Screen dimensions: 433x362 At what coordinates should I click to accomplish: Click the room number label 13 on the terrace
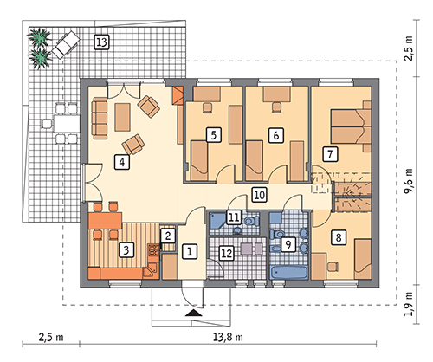[x=101, y=42]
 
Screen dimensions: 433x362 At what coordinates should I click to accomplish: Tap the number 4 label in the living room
[x=122, y=162]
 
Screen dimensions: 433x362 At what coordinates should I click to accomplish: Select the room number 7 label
[x=330, y=154]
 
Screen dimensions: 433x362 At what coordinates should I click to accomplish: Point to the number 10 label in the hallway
[x=259, y=195]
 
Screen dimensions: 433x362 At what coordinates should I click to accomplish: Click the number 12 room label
[x=226, y=253]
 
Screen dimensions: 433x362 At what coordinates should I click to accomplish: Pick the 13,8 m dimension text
[x=228, y=337]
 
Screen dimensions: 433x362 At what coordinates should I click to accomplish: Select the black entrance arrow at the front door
[x=194, y=314]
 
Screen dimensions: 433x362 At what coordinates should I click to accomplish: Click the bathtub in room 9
[x=288, y=273]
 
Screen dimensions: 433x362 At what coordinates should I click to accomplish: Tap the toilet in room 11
[x=251, y=222]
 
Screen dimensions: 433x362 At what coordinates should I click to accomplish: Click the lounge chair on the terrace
[x=66, y=44]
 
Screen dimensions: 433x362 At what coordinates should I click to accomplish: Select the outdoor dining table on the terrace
[x=66, y=124]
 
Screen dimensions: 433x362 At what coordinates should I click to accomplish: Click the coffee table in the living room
[x=122, y=117]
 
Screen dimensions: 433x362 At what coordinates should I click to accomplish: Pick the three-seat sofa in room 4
[x=100, y=118]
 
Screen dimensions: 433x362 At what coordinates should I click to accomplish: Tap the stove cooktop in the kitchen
[x=154, y=250]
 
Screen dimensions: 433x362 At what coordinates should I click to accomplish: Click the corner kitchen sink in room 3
[x=150, y=272]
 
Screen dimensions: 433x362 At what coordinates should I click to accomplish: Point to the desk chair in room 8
[x=333, y=266]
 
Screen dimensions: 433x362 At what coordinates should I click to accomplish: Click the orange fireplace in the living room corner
[x=178, y=95]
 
